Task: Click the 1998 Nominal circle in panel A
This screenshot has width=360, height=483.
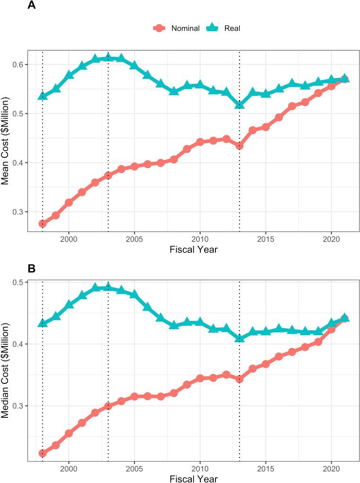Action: click(x=43, y=224)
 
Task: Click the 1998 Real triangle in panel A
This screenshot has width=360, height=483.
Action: click(x=43, y=96)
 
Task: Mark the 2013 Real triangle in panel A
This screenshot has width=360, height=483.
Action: click(x=240, y=104)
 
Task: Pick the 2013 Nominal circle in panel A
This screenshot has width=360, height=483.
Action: click(x=240, y=146)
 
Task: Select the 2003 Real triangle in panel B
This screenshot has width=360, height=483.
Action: click(x=108, y=287)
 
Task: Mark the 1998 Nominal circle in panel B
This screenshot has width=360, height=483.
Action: click(x=43, y=453)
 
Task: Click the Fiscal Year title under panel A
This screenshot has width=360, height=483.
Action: click(x=194, y=249)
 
